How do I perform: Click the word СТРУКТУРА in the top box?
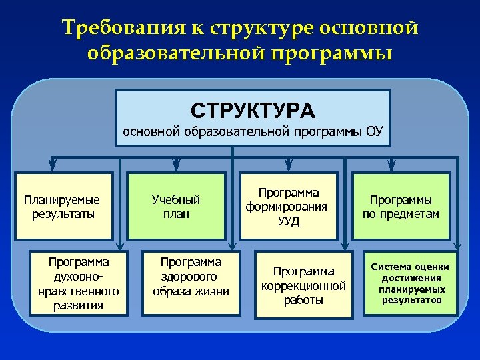(252, 109)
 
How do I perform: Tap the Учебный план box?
(176, 206)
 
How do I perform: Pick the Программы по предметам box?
(401, 206)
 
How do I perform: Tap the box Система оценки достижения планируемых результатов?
(411, 283)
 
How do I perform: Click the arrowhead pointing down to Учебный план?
(176, 166)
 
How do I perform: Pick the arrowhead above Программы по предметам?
(401, 166)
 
